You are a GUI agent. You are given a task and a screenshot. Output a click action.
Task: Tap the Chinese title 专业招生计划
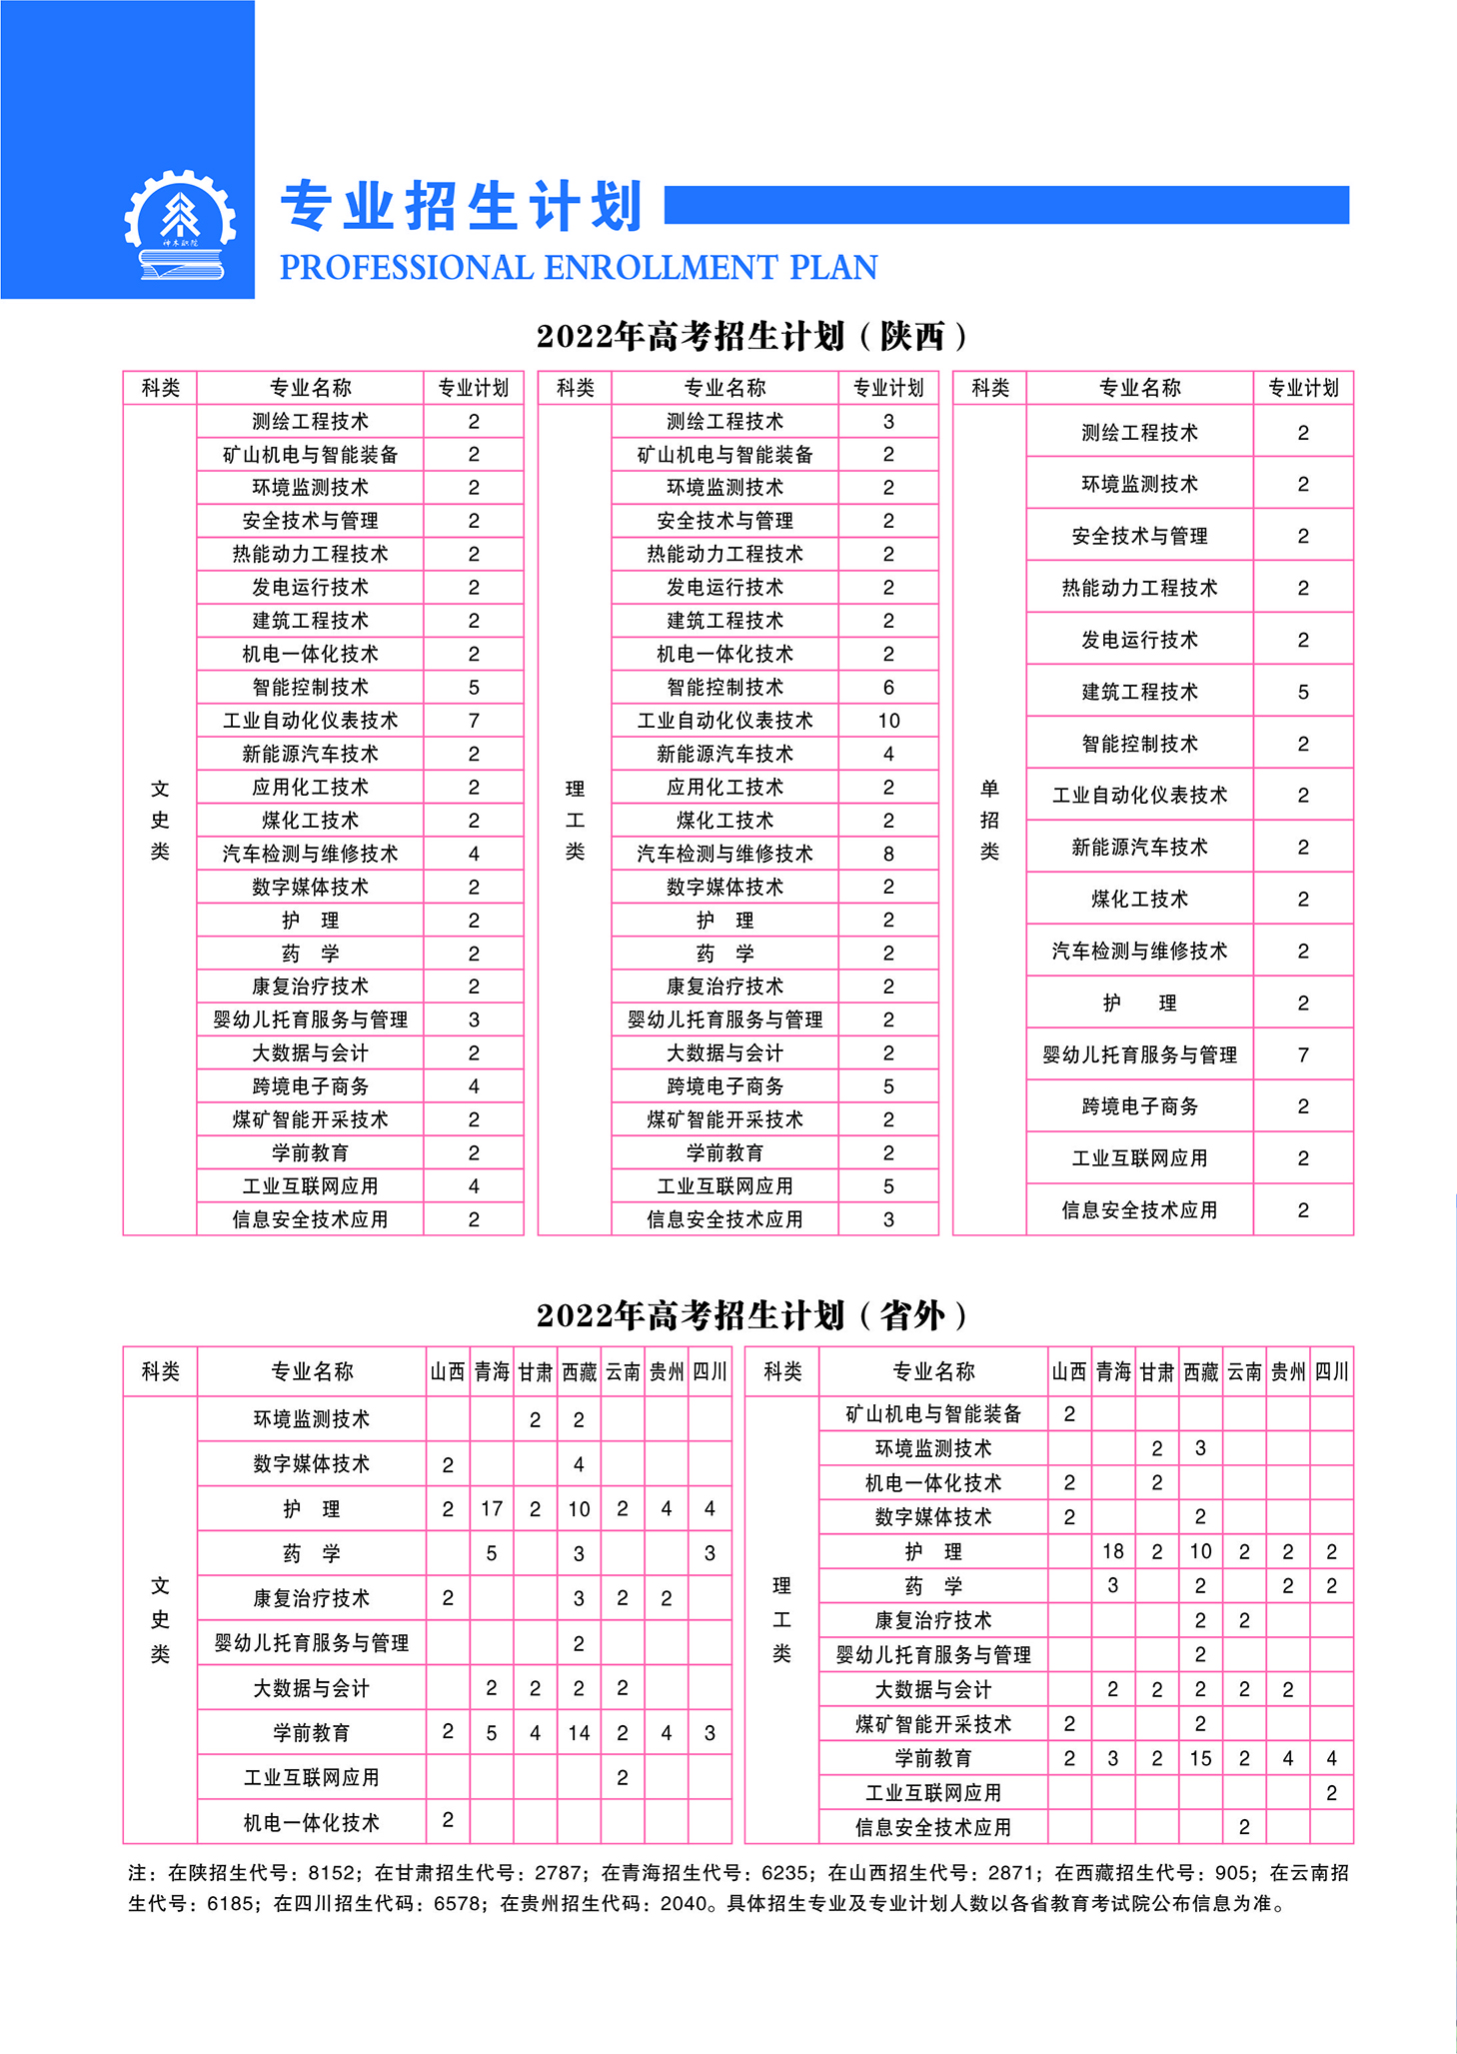click(462, 207)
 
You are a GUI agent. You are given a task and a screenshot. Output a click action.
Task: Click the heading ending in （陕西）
click(751, 336)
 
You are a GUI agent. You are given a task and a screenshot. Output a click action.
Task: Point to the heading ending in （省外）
click(751, 1314)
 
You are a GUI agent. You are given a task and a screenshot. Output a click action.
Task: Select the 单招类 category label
click(989, 820)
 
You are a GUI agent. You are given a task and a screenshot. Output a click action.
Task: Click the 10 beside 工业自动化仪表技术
click(888, 721)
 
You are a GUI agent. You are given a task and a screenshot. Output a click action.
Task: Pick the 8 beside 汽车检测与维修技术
click(888, 854)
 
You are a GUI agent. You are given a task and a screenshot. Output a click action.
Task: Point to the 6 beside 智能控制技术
click(888, 688)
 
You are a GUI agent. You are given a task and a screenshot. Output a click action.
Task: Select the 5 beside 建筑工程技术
click(1303, 692)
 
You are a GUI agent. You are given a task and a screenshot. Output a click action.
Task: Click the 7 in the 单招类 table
click(1303, 1054)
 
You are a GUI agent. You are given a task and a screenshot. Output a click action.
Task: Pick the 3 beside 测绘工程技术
click(888, 422)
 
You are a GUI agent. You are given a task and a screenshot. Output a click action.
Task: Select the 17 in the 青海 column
click(492, 1508)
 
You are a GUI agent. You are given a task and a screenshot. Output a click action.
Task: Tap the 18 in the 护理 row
click(1113, 1551)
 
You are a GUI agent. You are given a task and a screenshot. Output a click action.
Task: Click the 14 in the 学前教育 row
click(579, 1732)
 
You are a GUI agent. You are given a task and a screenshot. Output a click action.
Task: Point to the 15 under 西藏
click(1200, 1757)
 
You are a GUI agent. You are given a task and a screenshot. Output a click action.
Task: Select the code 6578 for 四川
click(457, 1903)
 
